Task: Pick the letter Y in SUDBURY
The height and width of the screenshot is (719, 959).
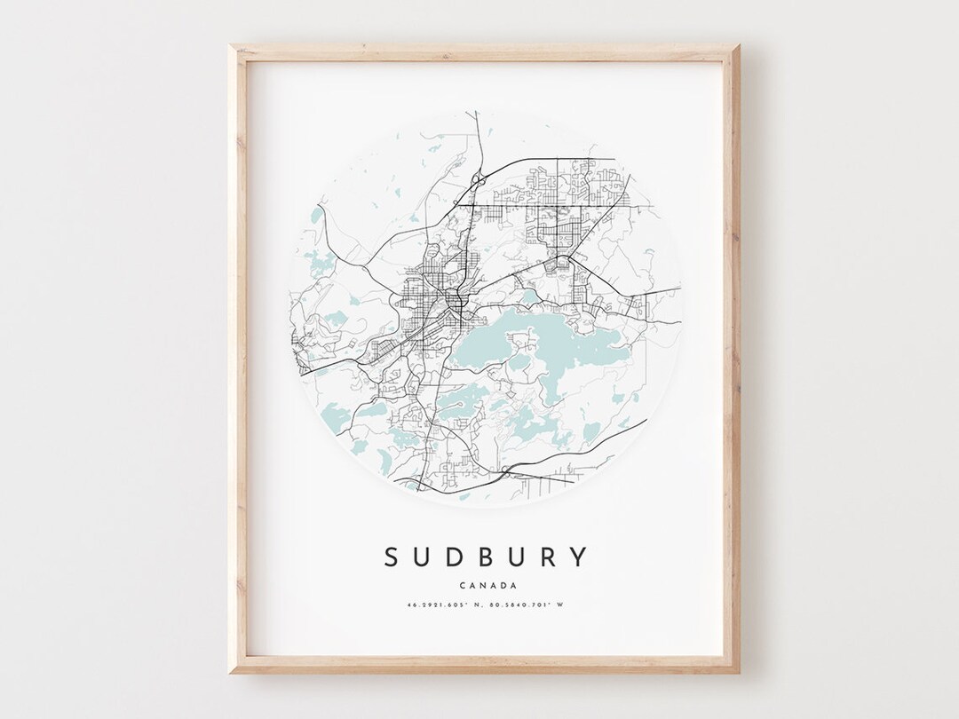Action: pos(579,557)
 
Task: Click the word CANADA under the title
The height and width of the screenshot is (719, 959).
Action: pos(485,584)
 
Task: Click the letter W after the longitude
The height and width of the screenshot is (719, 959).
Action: pos(561,605)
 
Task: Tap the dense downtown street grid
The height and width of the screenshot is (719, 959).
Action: pos(417,297)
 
